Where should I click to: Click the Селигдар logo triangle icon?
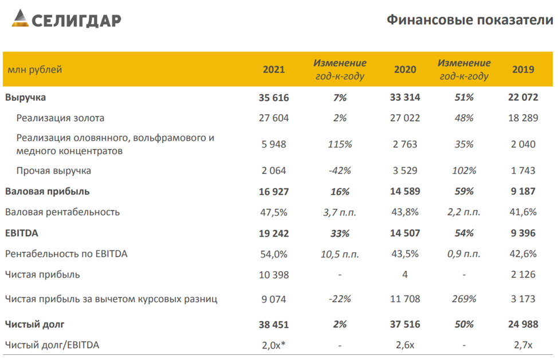(x=19, y=19)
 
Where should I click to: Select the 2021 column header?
(x=273, y=70)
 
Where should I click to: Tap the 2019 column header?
(x=523, y=70)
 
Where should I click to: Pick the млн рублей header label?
(x=35, y=70)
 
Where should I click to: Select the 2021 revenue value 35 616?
(x=273, y=97)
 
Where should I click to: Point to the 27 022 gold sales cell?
(x=404, y=118)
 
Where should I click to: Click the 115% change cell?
(x=340, y=144)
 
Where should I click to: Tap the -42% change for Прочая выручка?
(x=340, y=171)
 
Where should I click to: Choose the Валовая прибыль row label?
(x=48, y=191)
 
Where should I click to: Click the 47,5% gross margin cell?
(x=273, y=212)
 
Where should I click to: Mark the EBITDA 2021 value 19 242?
(x=273, y=233)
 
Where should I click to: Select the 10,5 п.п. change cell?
(x=340, y=254)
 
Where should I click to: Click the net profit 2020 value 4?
(x=404, y=275)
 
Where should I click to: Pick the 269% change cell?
(x=463, y=299)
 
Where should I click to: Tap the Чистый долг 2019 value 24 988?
(x=523, y=324)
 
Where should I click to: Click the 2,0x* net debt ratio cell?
(x=274, y=345)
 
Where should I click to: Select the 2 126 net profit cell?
(x=523, y=275)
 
